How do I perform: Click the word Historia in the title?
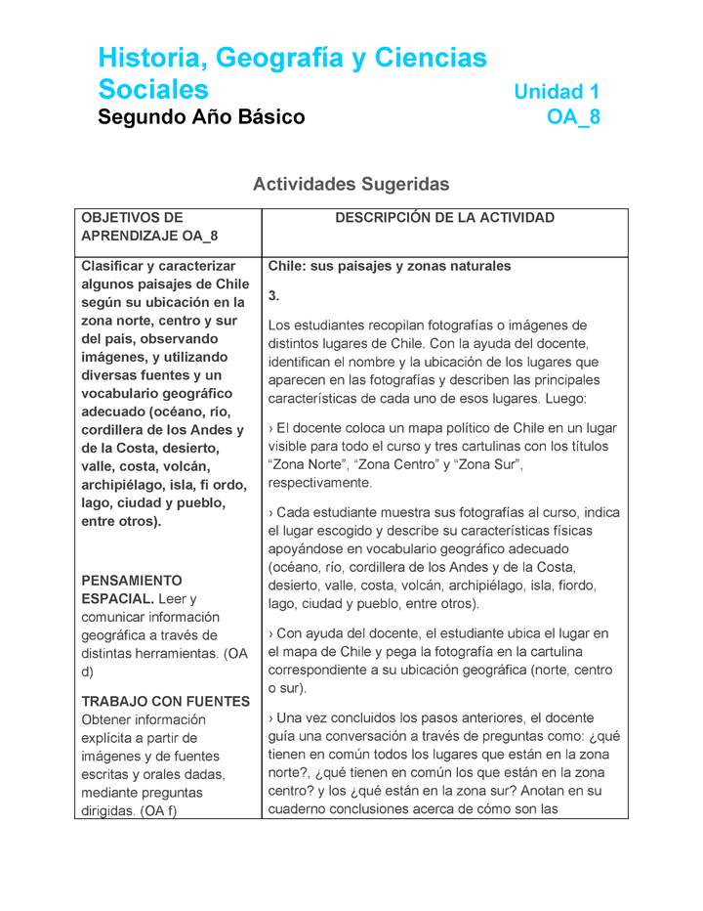pos(149,59)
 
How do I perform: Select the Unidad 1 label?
pos(557,92)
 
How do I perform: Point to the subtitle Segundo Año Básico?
pos(201,118)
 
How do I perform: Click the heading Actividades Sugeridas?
pos(351,184)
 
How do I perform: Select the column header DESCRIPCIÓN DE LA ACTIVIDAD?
pos(444,218)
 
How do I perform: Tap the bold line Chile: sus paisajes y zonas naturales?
pos(389,266)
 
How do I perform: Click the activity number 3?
pos(273,295)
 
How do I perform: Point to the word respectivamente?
pos(319,483)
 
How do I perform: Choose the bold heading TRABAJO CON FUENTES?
pos(165,701)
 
